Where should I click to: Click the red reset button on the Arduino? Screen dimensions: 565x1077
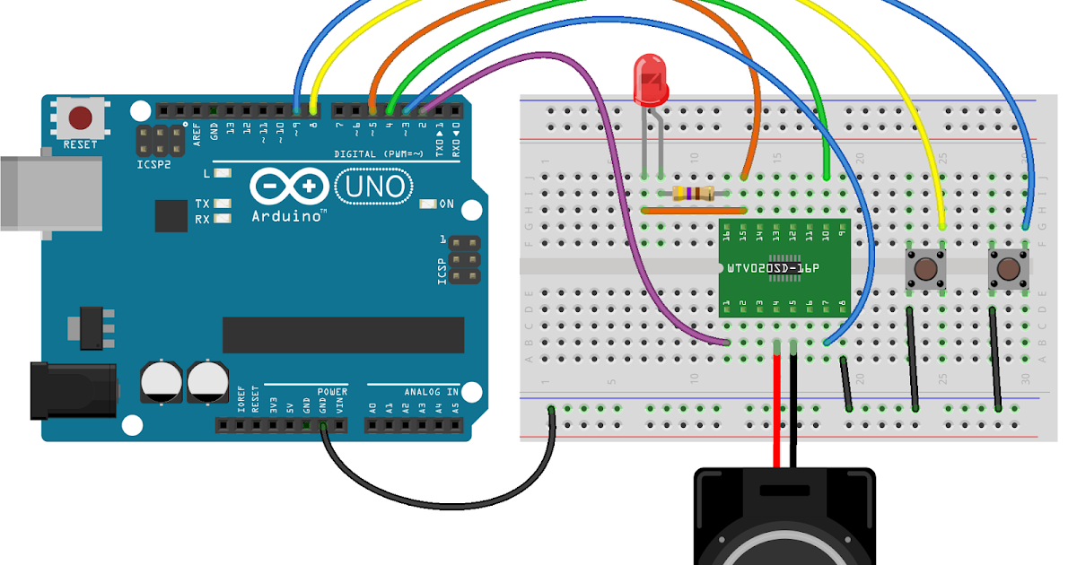81,117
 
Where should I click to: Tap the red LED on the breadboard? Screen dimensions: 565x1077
650,79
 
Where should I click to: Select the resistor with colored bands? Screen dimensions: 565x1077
693,193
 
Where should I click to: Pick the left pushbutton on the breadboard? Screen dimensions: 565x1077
925,268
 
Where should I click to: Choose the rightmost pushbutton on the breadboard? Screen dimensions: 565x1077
1008,268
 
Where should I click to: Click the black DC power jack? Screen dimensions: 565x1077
72,390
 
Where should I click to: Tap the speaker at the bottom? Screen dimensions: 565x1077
784,525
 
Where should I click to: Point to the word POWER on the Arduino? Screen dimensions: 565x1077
331,392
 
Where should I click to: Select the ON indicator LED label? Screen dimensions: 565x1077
446,204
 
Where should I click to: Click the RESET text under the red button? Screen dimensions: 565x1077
80,144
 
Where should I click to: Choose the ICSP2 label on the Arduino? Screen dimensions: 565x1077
153,165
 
